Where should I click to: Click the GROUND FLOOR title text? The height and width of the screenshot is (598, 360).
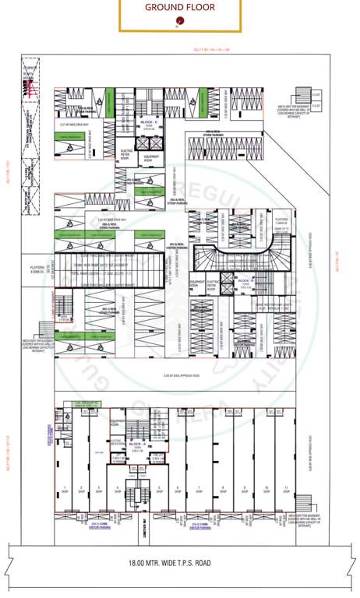pos(179,8)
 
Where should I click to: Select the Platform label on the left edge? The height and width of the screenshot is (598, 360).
pos(36,269)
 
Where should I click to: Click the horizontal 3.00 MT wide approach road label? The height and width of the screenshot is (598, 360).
pos(178,377)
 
